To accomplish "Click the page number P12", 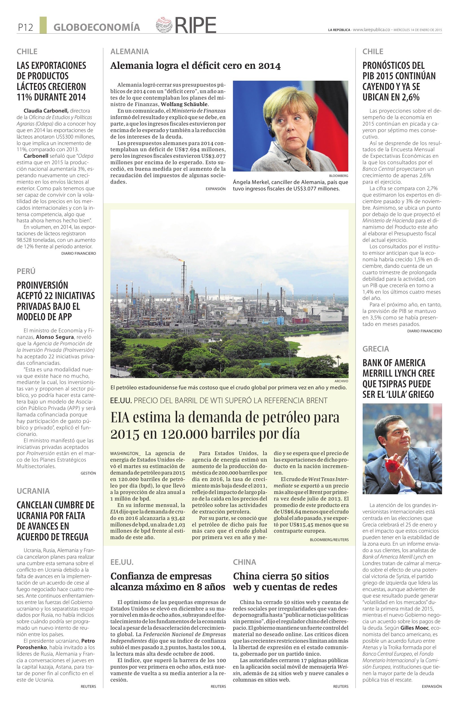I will click(25, 28).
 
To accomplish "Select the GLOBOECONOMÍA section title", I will click(97, 28).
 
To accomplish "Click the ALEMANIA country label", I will click(129, 52).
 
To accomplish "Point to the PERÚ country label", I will click(26, 271).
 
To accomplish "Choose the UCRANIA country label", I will click(33, 491).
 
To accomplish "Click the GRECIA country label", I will click(375, 349).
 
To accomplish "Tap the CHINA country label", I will click(244, 562).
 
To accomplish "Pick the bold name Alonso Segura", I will click(55, 337).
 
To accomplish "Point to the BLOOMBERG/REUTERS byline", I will click(329, 540).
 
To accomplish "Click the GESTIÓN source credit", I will click(88, 473).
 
